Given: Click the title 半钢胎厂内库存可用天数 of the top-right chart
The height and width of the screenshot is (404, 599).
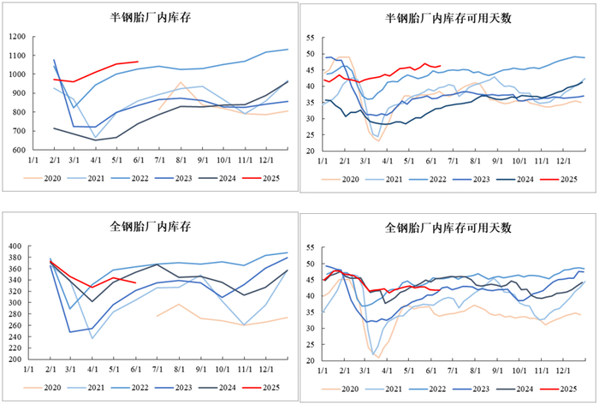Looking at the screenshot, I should (448, 17).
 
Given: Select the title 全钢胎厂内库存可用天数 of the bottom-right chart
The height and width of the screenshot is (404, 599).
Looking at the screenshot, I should (448, 227).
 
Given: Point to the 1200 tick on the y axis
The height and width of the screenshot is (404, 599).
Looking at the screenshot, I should (15, 37).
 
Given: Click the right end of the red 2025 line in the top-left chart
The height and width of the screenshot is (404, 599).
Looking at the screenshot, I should (138, 62).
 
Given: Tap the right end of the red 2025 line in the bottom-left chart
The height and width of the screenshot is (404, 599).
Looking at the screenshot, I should (136, 282).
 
